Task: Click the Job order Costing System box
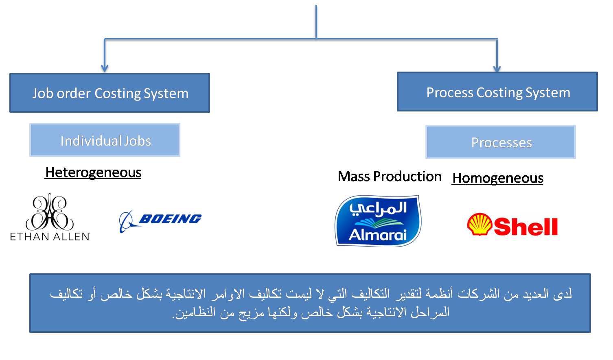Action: [109, 93]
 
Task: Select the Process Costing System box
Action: [497, 92]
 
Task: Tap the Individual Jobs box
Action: [105, 140]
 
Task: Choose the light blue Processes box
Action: [500, 142]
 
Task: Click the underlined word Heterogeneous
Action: [93, 172]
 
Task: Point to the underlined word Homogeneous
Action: [497, 178]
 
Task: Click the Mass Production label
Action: [390, 177]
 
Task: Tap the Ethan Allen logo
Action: [50, 217]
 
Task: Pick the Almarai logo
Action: [378, 221]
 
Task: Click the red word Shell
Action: [525, 227]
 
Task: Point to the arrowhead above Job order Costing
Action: [105, 68]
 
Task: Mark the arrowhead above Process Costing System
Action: [497, 68]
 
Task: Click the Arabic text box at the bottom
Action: [310, 303]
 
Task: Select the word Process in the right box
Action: [449, 93]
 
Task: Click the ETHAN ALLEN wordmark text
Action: [50, 237]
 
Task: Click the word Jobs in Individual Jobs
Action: [138, 141]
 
